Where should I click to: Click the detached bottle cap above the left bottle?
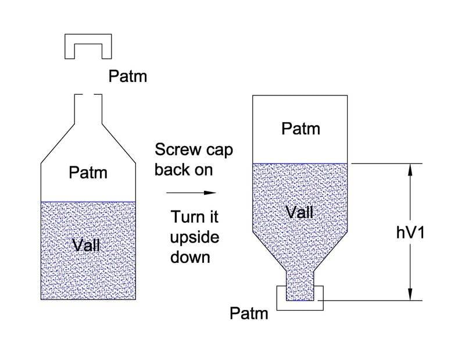[x=87, y=41]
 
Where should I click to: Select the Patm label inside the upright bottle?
[x=88, y=173]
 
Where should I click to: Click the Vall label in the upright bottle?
[x=87, y=245]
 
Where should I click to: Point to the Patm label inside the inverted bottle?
[x=301, y=128]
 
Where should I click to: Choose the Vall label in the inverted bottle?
[x=300, y=213]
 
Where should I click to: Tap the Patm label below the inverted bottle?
[x=249, y=314]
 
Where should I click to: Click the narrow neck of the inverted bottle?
[x=300, y=279]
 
